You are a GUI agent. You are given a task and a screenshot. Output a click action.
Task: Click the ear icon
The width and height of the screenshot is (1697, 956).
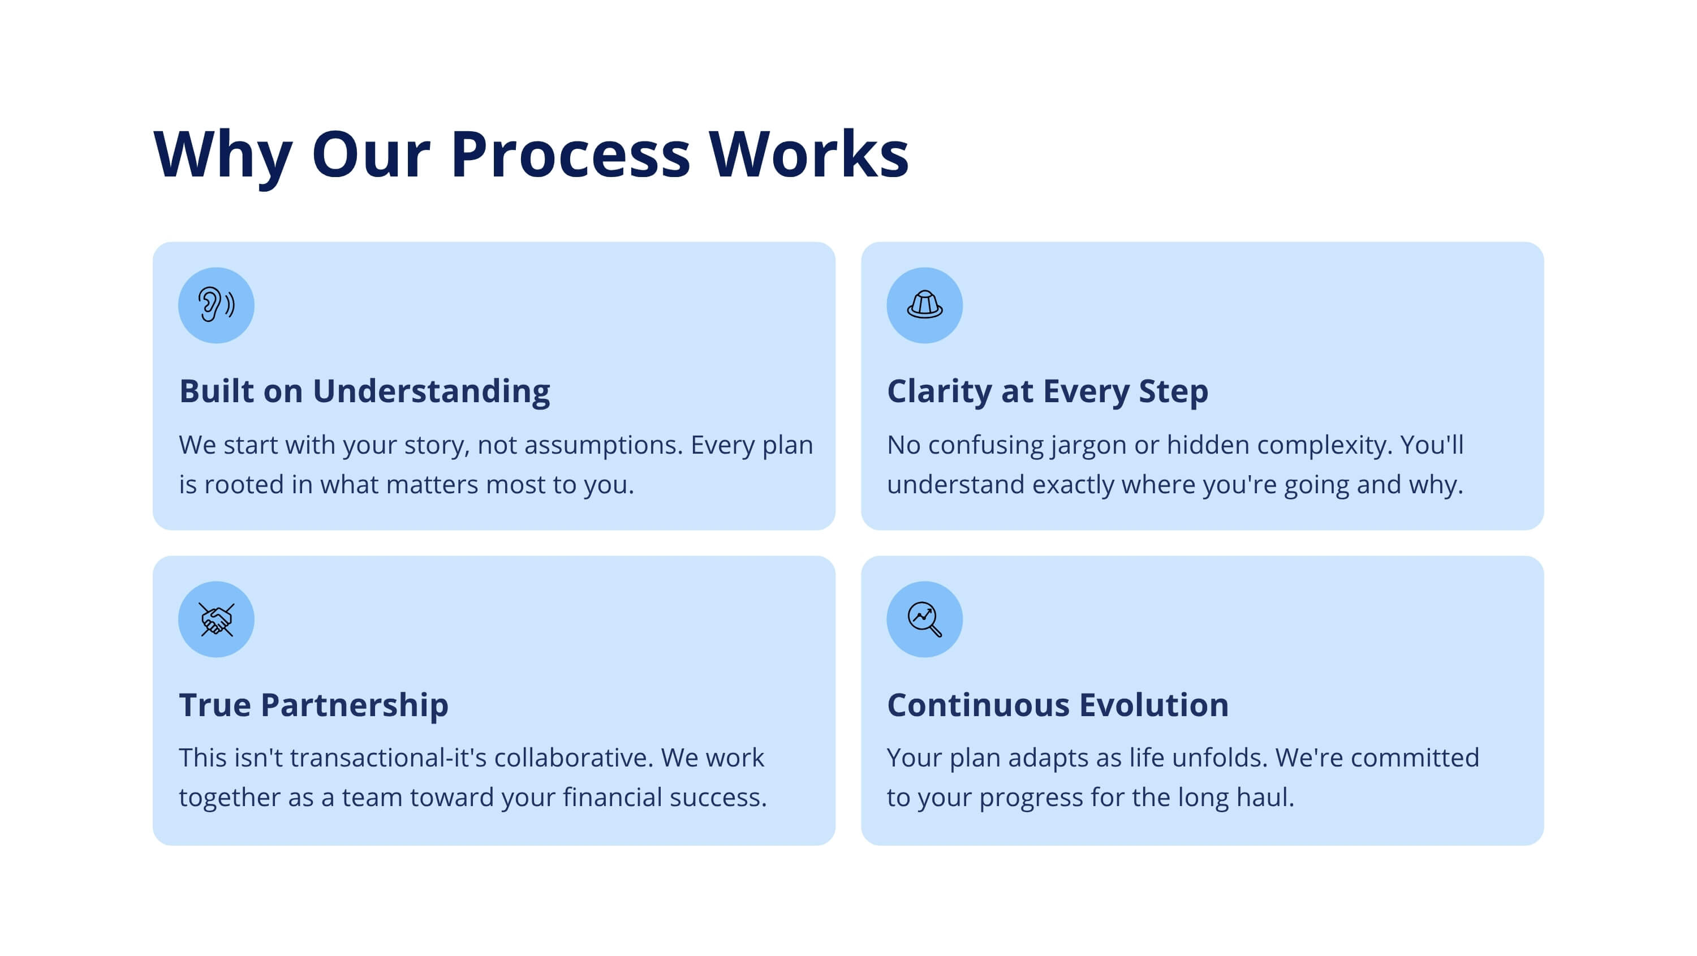(216, 304)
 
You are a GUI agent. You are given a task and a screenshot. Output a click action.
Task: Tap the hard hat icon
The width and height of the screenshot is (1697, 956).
(924, 304)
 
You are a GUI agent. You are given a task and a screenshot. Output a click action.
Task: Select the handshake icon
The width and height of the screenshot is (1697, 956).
(216, 619)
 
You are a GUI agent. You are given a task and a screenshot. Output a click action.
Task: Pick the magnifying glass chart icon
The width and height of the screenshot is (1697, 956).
(924, 619)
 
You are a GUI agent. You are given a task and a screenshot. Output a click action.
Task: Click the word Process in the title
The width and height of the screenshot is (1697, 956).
(571, 155)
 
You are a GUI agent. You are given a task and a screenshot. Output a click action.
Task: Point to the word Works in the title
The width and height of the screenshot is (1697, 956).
(809, 155)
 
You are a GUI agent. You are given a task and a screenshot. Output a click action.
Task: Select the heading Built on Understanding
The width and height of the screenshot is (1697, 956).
(364, 391)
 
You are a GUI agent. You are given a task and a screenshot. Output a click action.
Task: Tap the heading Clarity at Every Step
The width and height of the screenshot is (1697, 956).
(1048, 391)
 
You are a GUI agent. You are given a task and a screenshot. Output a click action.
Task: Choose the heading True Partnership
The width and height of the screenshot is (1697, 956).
(313, 705)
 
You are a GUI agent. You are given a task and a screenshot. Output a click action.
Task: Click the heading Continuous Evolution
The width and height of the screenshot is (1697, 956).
(1058, 705)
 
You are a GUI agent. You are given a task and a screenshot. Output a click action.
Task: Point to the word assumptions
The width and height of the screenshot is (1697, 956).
(604, 445)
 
